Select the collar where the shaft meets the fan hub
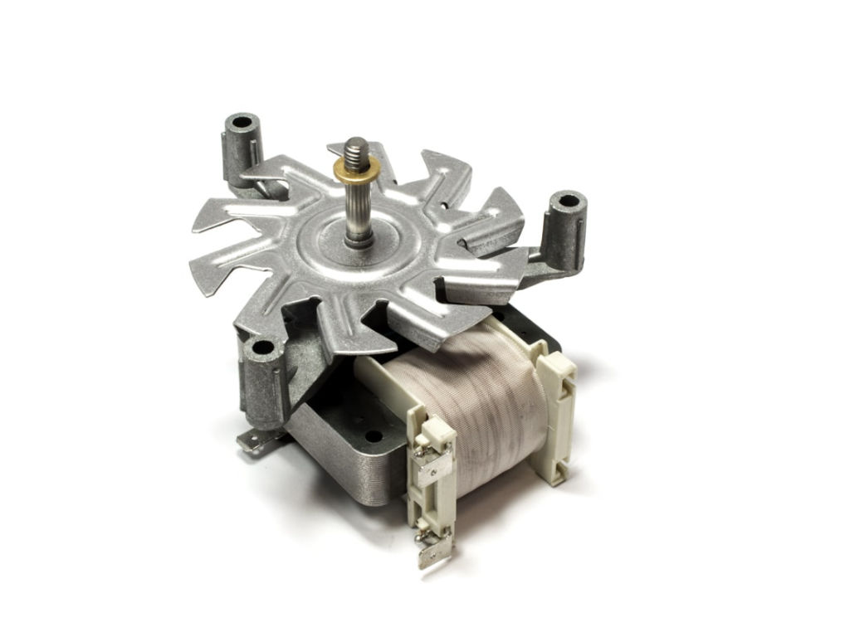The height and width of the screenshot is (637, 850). [359, 241]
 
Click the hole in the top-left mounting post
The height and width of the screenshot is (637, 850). [242, 123]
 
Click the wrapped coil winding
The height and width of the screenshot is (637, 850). [465, 398]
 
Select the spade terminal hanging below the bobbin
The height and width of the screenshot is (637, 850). [433, 551]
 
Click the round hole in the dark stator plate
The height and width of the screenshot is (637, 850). [374, 435]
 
